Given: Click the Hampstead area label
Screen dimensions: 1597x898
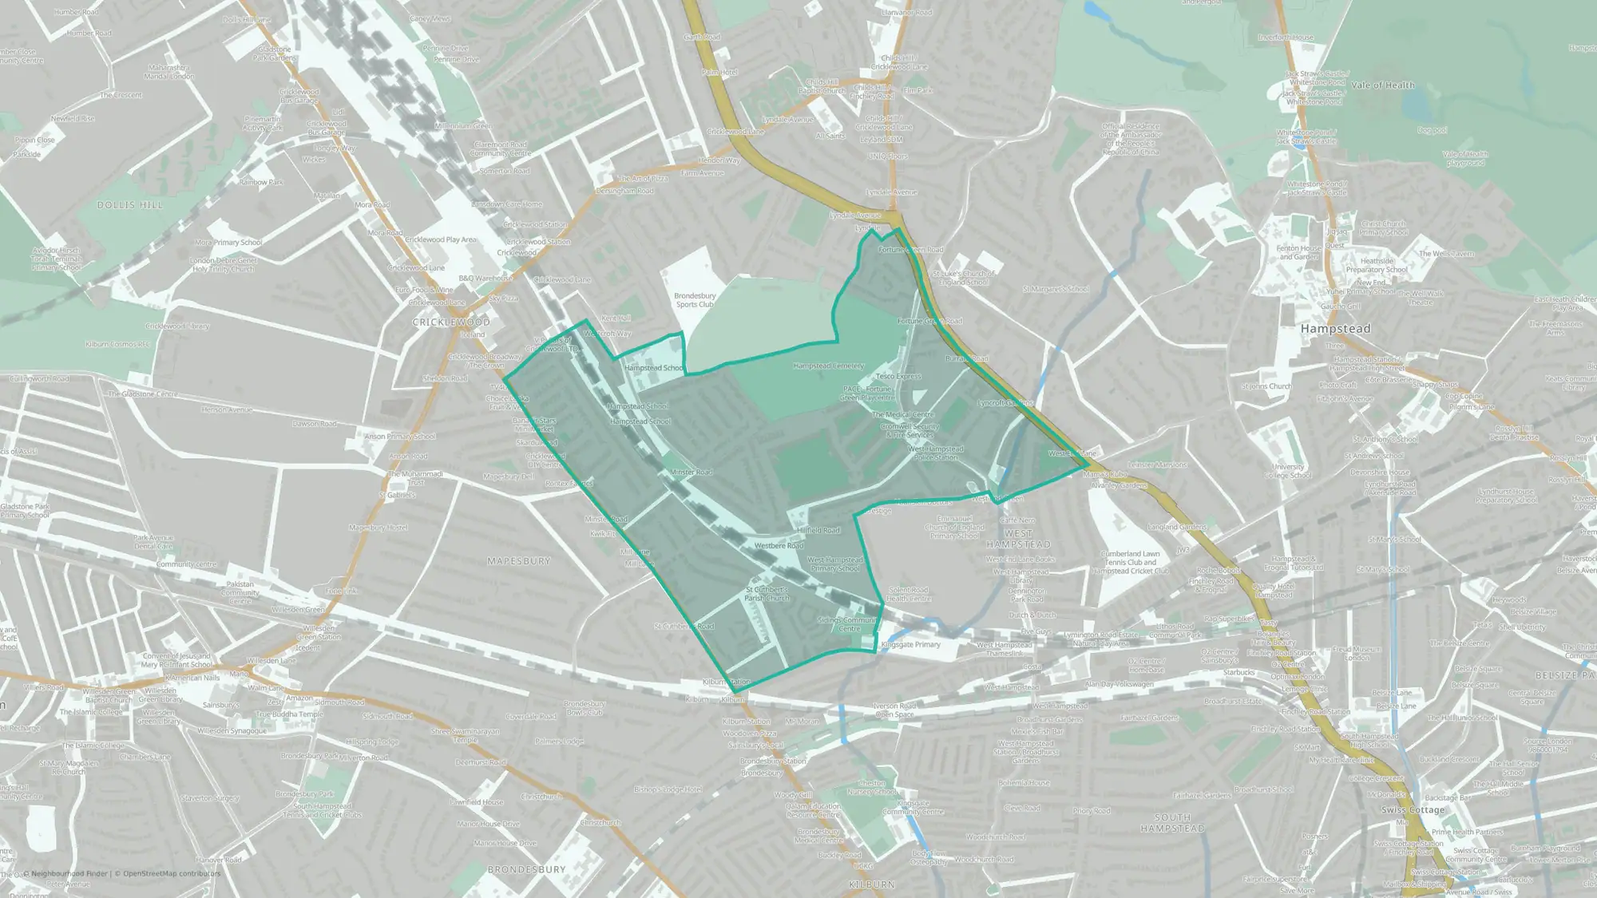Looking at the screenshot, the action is tap(1335, 329).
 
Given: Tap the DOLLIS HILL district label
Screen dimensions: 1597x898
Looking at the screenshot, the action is tap(129, 205).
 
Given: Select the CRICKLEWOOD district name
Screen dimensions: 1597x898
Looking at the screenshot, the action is tap(451, 322).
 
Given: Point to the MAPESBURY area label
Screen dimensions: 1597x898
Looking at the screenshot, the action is tap(519, 561).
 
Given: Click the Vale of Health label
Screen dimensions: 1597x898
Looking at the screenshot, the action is tap(1383, 85).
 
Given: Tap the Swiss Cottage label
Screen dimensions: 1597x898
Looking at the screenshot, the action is tap(1413, 809).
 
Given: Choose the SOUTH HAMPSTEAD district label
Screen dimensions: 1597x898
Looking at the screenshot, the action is tap(1172, 823).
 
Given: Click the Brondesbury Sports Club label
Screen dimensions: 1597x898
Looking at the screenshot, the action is tap(695, 300).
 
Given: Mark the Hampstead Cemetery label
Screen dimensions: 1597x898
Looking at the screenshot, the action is tap(828, 366).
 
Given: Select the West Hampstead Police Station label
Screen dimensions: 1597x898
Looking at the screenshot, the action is tap(936, 453).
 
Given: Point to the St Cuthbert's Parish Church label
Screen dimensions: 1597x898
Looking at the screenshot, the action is tap(767, 594).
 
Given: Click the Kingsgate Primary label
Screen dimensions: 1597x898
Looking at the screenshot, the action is tap(910, 644).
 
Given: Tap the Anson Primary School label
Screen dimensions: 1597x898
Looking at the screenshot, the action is tap(399, 437).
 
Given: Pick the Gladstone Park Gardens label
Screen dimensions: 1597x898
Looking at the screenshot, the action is tap(274, 53).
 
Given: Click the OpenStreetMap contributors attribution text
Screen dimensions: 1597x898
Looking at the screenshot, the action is tap(172, 873).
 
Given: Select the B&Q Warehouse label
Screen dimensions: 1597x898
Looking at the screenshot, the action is tap(485, 279).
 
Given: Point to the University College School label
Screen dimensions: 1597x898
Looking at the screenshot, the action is tap(1287, 471).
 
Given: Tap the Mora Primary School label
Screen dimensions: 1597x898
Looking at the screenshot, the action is tap(228, 243).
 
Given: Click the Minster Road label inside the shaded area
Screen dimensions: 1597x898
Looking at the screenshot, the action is tap(691, 473).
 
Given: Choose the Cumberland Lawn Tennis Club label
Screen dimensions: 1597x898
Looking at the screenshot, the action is tap(1131, 562).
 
